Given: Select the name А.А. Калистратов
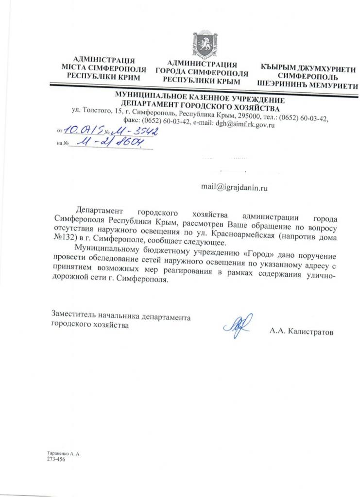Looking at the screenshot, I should point(302,331).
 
